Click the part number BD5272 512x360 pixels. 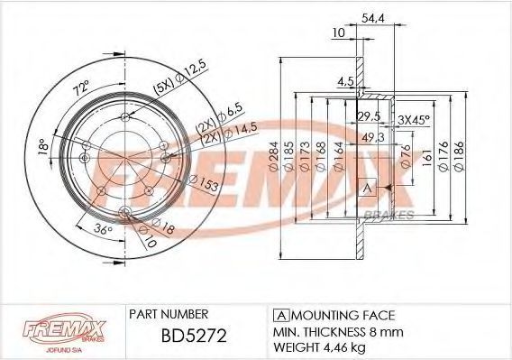(194, 335)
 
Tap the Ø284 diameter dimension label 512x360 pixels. (273, 156)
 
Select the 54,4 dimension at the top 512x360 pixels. (373, 19)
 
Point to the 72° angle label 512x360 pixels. (81, 88)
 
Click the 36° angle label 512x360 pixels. (103, 229)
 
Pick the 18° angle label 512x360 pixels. (43, 147)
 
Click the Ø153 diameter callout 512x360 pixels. (204, 183)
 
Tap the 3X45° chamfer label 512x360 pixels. (414, 120)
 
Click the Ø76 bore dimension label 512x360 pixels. (406, 156)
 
